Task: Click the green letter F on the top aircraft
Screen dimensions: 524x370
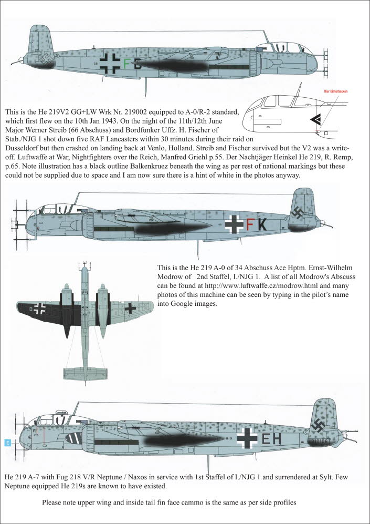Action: (x=126, y=64)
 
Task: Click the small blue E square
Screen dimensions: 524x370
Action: (x=7, y=443)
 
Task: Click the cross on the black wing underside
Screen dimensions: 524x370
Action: (x=39, y=308)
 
